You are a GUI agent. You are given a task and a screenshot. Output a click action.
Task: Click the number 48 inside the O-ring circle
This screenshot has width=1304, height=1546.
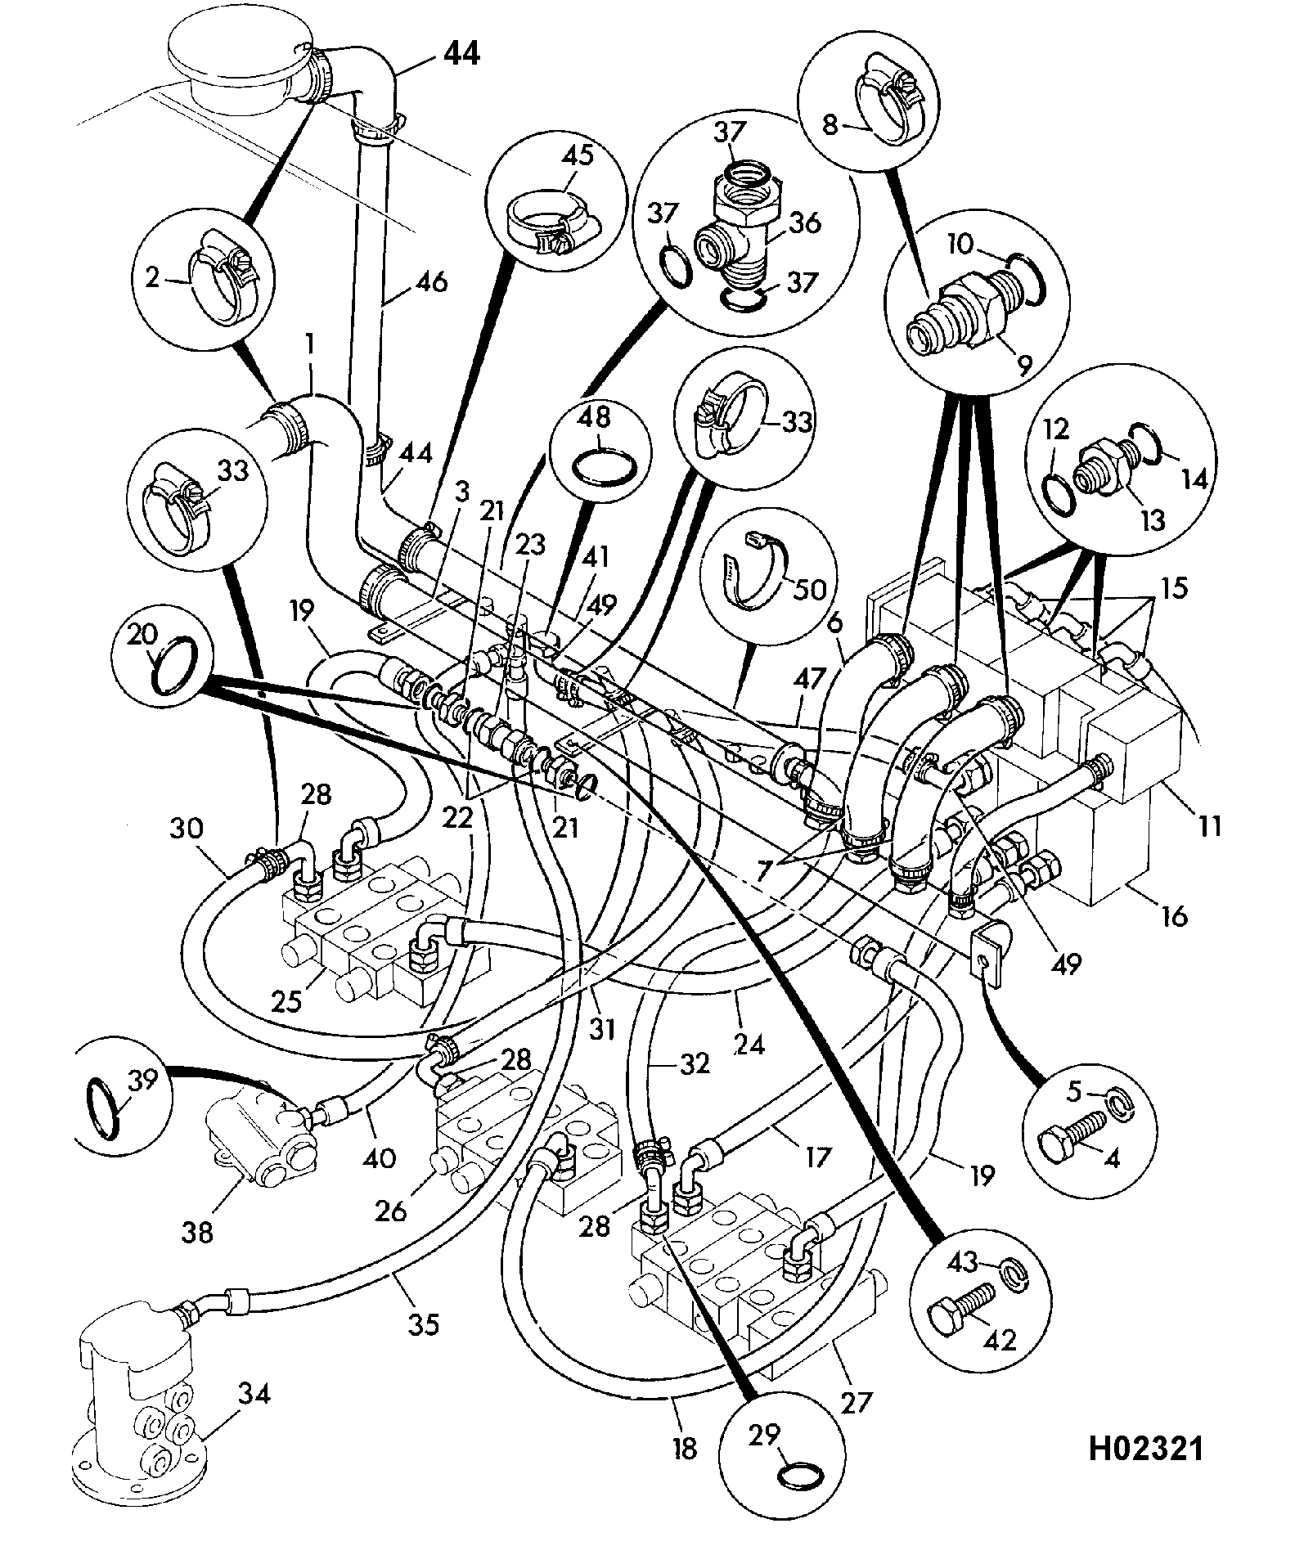(x=596, y=417)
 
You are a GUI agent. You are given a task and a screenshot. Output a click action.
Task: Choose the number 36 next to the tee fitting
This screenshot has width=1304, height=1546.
(x=805, y=222)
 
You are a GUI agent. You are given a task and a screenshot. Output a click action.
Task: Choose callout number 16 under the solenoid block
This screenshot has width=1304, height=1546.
(x=1173, y=916)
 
